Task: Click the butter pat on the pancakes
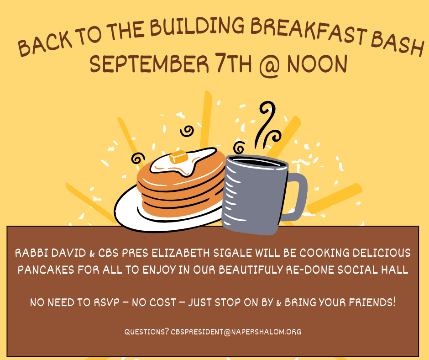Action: tap(178, 157)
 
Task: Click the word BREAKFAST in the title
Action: tap(309, 31)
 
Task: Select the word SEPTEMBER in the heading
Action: tap(149, 64)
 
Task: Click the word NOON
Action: tap(317, 64)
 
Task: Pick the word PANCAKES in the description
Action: tap(46, 270)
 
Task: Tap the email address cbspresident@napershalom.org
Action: tap(236, 332)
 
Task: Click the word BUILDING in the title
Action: tap(197, 27)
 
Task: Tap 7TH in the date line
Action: tap(233, 64)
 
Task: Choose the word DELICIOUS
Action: tap(382, 253)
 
